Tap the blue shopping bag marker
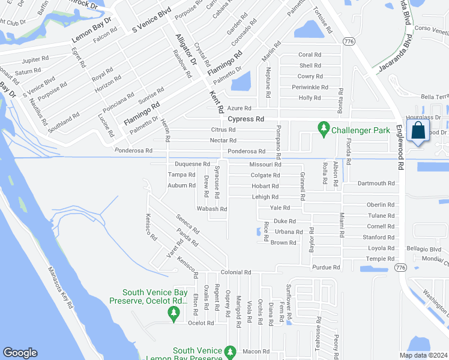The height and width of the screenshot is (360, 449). click(417, 131)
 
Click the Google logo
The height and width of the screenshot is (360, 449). click(20, 353)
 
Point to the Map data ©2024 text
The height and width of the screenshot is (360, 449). click(423, 355)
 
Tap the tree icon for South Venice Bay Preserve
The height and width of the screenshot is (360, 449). click(174, 312)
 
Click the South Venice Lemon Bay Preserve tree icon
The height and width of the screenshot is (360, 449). click(229, 351)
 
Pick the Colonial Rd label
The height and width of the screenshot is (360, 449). click(235, 272)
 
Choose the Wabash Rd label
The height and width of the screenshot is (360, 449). click(214, 209)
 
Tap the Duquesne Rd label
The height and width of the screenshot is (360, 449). click(192, 164)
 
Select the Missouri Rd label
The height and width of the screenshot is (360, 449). click(265, 164)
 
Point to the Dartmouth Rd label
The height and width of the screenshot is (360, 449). click(376, 184)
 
